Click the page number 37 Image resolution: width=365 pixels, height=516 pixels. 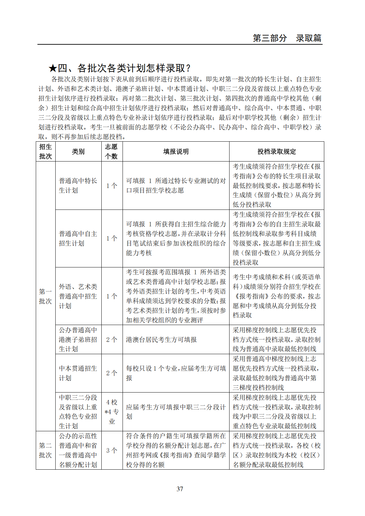(180, 489)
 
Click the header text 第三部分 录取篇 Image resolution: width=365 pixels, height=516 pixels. (287, 38)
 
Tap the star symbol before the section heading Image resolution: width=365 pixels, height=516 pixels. (53, 69)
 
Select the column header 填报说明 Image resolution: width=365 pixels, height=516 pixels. (176, 152)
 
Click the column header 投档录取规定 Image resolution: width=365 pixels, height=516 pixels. (277, 152)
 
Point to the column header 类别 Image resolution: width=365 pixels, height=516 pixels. (78, 152)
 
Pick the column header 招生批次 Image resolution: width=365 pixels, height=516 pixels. (45, 152)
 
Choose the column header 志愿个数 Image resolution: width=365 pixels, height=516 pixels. (112, 152)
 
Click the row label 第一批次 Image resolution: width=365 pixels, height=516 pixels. (45, 296)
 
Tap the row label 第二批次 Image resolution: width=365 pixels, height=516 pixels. (45, 450)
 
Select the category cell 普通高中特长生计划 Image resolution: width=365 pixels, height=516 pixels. (78, 185)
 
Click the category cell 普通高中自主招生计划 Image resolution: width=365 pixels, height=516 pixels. (78, 238)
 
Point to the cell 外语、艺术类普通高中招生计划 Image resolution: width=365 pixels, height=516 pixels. (78, 296)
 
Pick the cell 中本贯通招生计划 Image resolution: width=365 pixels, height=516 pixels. (78, 373)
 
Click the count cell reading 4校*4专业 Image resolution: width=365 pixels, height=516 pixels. (112, 412)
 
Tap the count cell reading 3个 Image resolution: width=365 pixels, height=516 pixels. (112, 450)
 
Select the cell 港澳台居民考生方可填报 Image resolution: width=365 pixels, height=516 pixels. (161, 340)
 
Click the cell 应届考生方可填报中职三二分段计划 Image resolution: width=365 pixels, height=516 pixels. (176, 412)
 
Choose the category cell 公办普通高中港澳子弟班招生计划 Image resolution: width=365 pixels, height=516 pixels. (78, 340)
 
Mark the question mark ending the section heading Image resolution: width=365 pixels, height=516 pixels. (188, 69)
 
